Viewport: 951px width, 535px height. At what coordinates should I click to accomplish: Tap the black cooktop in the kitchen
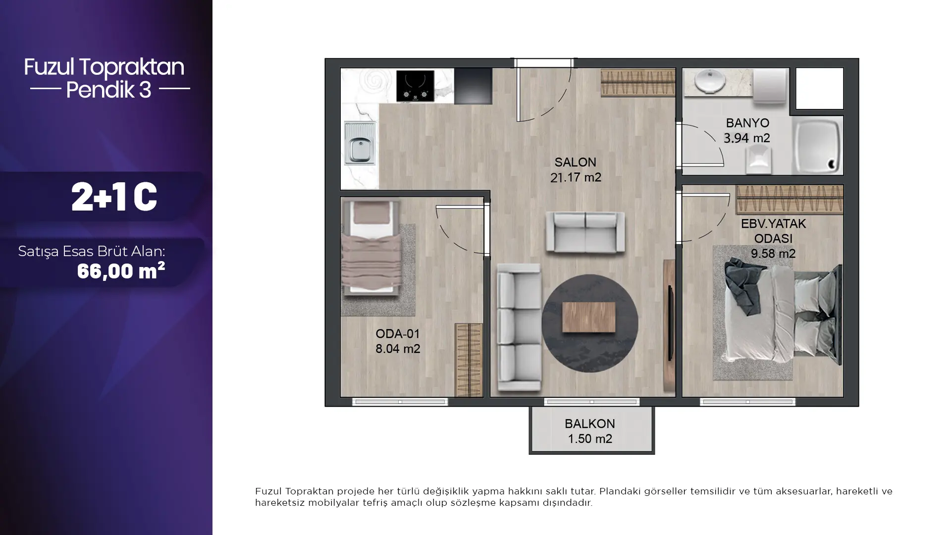415,86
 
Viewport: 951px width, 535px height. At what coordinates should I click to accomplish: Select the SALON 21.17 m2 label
576,170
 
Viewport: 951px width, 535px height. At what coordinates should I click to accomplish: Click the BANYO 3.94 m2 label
747,130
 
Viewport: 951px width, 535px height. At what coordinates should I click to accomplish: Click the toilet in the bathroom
758,161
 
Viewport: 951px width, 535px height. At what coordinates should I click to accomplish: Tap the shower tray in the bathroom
817,146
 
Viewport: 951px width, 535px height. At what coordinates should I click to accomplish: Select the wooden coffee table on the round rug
589,317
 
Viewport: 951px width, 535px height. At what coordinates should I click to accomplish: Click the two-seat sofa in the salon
585,232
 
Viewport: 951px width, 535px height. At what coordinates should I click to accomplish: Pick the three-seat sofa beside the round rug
519,327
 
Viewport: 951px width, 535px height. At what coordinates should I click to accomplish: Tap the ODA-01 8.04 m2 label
398,341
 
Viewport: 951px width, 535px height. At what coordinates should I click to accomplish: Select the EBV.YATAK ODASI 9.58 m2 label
773,239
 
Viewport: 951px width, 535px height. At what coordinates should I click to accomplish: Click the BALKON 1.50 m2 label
590,431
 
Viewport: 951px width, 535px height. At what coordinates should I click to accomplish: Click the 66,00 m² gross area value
121,270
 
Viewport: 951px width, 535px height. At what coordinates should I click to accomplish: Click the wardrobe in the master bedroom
789,199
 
